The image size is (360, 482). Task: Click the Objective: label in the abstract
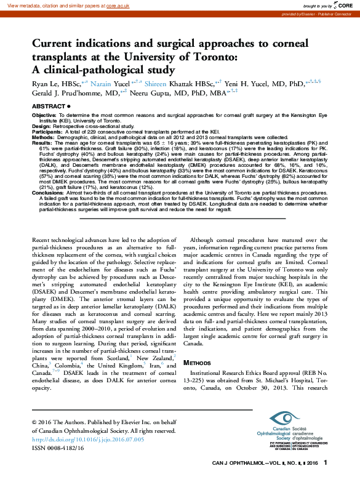tap(44, 115)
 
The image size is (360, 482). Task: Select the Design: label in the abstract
tap(41, 125)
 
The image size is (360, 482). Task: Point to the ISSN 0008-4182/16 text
tap(57, 448)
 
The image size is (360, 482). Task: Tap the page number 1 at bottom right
tap(326, 462)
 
